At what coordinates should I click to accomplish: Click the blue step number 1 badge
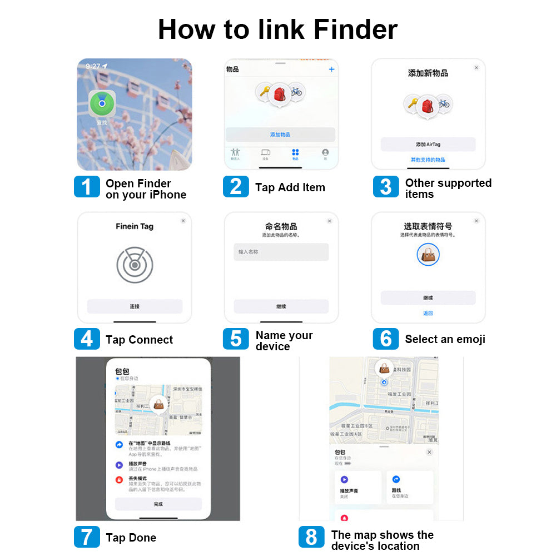pos(87,187)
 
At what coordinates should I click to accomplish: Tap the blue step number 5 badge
pos(236,339)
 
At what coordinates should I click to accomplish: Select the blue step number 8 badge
pos(311,537)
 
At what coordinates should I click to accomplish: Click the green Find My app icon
pos(102,103)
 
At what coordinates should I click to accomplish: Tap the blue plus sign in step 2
pos(332,69)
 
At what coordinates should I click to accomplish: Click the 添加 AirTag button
pos(428,145)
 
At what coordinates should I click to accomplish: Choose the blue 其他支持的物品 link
pos(428,160)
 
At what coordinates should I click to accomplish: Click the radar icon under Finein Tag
pos(135,265)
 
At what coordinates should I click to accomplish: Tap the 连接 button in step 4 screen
pos(135,306)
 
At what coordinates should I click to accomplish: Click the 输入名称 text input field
pos(281,252)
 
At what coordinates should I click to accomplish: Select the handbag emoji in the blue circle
pos(428,255)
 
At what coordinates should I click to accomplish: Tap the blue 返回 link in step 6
pos(428,313)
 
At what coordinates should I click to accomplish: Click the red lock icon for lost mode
pos(119,480)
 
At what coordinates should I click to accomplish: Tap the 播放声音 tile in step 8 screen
pos(358,487)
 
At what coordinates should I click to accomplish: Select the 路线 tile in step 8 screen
pos(410,487)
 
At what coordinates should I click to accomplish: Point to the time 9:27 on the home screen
pos(93,66)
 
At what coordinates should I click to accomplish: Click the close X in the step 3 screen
pos(476,67)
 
